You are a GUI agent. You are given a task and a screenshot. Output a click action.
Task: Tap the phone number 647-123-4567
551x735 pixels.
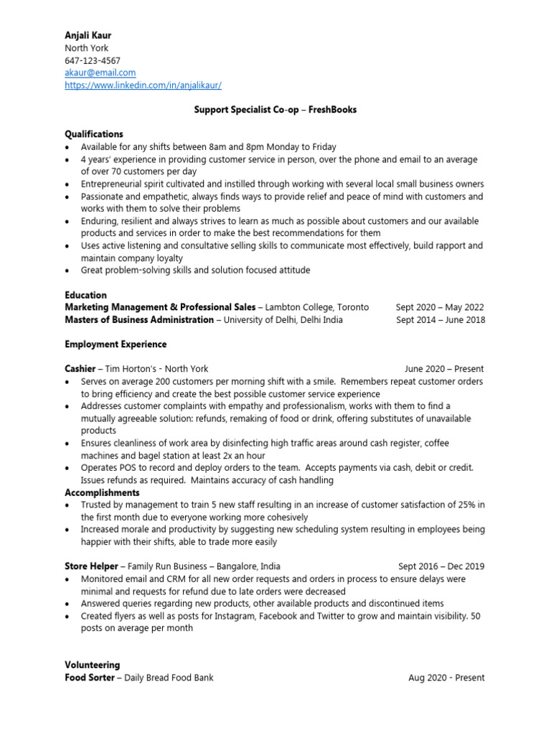point(93,60)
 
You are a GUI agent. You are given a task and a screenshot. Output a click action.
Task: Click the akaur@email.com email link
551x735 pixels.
point(100,72)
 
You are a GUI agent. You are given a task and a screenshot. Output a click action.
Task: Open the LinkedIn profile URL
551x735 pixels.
point(143,85)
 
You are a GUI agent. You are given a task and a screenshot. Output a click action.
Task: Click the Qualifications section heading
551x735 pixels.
point(94,134)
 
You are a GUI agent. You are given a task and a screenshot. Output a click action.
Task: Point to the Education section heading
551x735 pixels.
point(85,295)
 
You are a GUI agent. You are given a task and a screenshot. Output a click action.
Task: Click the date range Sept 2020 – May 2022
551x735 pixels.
point(440,307)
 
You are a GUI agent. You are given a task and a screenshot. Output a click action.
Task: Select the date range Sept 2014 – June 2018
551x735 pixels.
point(440,319)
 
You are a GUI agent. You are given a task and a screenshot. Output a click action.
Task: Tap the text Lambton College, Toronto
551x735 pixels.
point(316,307)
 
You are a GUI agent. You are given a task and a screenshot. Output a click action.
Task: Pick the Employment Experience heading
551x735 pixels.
point(116,345)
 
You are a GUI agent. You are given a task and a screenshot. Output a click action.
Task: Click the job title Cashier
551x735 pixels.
point(80,369)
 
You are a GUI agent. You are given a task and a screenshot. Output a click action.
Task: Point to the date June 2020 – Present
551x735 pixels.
point(444,369)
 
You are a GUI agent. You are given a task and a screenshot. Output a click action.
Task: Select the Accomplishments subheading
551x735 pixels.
point(102,492)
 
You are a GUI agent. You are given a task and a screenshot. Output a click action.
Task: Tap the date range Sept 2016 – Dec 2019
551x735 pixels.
point(441,566)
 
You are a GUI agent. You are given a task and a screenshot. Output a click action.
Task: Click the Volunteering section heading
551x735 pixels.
point(93,665)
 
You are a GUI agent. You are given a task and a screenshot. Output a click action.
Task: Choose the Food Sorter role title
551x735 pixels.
point(89,678)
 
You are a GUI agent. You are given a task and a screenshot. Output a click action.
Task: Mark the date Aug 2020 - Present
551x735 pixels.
point(446,678)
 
